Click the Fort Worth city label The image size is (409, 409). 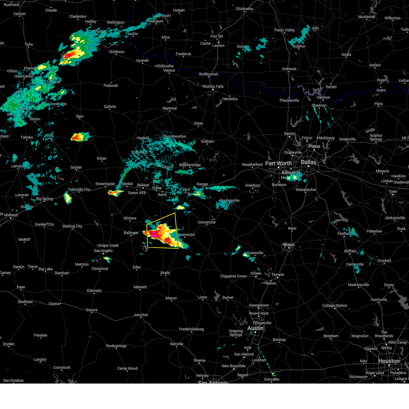click(278, 163)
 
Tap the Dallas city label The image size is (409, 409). click(308, 162)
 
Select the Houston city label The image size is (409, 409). click(389, 361)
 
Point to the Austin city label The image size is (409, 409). click(255, 328)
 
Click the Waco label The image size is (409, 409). click(288, 245)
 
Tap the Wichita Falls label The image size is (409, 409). click(213, 87)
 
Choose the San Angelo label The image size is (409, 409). click(103, 251)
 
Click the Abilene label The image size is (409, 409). click(143, 185)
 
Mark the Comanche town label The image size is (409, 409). click(207, 222)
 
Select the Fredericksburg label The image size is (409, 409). click(191, 329)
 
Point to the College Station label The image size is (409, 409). click(335, 306)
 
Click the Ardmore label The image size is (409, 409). click(289, 69)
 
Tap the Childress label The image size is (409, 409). click(117, 52)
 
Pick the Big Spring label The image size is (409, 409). click(44, 199)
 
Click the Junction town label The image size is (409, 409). click(141, 315)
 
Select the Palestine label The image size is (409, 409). click(374, 231)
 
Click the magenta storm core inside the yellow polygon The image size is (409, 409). click(154, 234)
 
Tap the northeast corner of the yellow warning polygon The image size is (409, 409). click(175, 213)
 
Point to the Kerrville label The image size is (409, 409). click(177, 344)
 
